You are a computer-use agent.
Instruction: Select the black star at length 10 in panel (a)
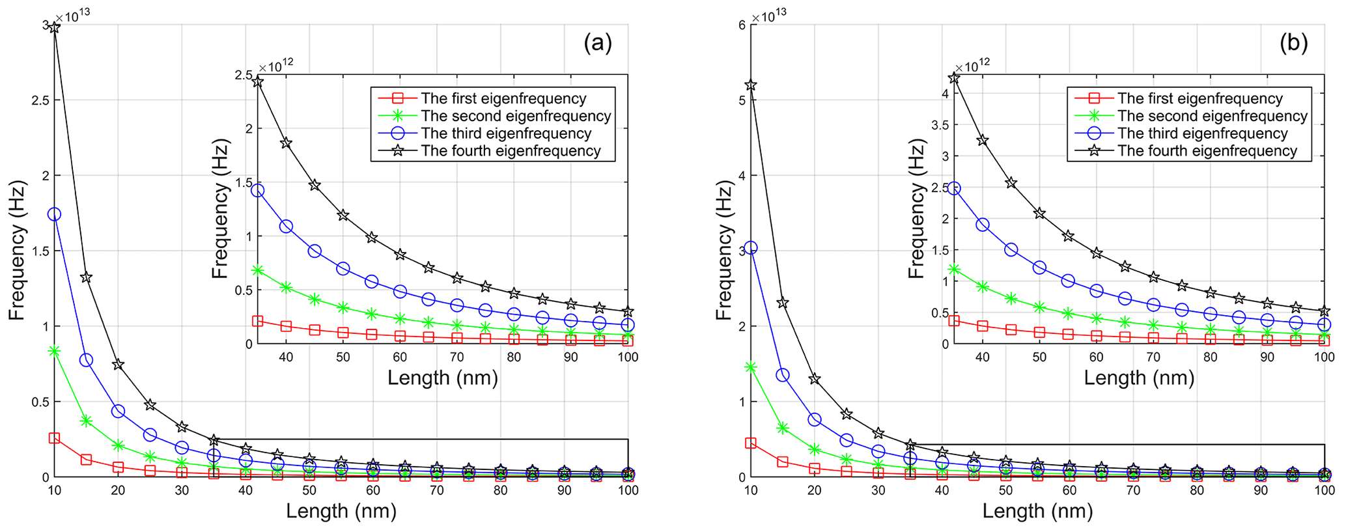55,28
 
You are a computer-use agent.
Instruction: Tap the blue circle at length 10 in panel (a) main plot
55,214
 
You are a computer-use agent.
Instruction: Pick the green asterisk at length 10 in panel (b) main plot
751,367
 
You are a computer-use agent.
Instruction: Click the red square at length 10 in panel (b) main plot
751,443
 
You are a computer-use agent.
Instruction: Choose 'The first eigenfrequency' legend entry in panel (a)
503,98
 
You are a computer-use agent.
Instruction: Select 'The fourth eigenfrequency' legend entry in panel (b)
1207,151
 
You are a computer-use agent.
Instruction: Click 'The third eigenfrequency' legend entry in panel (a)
506,133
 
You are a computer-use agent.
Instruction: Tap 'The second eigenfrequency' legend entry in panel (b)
1213,116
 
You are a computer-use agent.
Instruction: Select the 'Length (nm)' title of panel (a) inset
443,378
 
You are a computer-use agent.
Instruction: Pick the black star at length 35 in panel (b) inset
954,78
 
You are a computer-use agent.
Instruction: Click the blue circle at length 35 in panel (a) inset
258,191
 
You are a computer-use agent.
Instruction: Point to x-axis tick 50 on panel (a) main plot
309,490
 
